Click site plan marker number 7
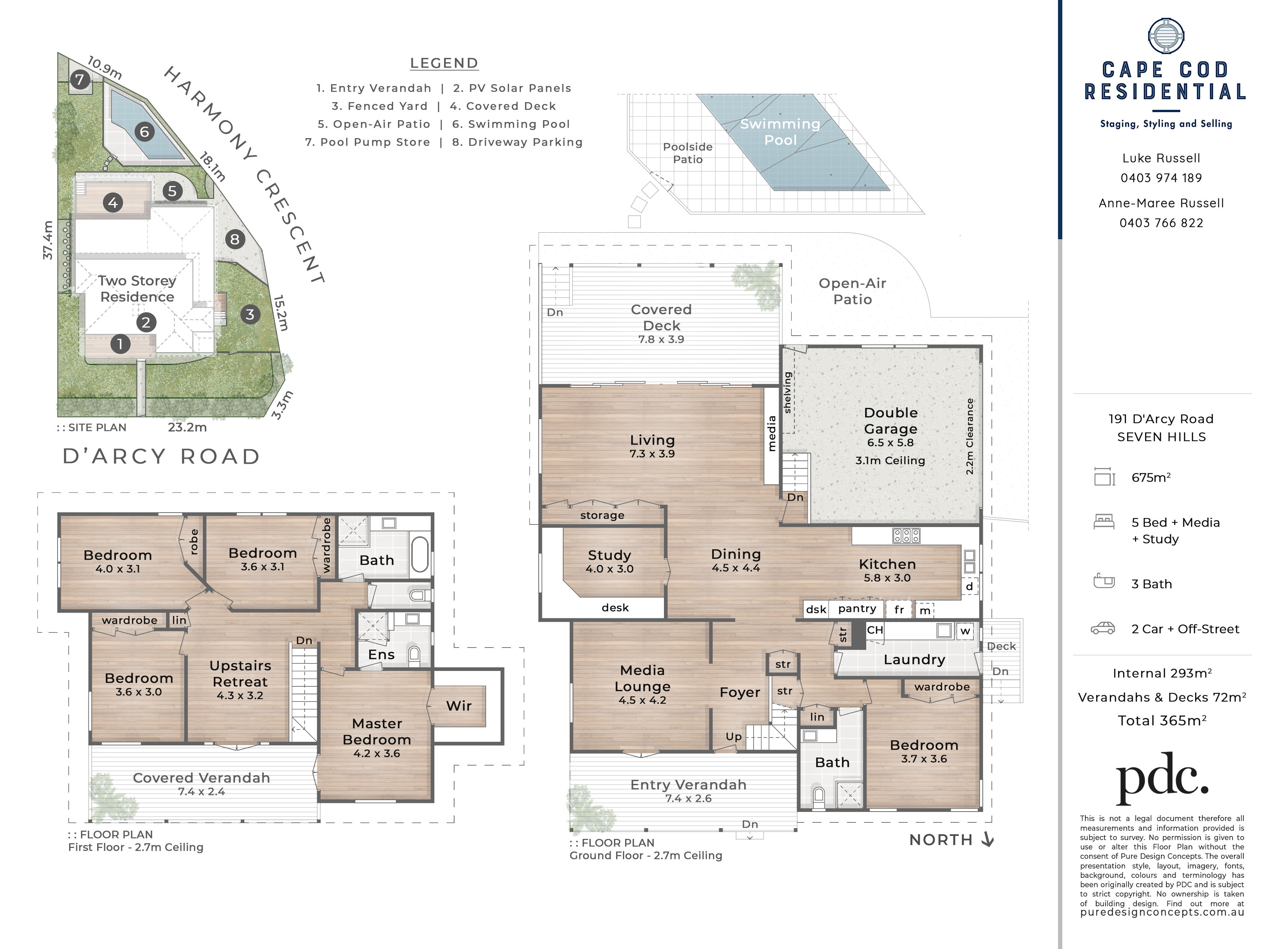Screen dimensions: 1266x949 80,80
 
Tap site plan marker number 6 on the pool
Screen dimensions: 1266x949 145,132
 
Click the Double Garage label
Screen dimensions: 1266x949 891,421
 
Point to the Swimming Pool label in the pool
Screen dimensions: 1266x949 780,132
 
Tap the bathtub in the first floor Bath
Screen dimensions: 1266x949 420,554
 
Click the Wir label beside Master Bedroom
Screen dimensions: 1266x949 459,706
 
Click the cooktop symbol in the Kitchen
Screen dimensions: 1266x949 906,536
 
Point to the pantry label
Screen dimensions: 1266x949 857,609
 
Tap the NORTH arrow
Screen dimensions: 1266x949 988,839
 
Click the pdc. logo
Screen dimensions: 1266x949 1162,778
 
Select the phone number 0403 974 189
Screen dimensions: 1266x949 1161,178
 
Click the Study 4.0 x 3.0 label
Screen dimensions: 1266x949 610,561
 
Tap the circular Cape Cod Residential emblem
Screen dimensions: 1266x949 1166,36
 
